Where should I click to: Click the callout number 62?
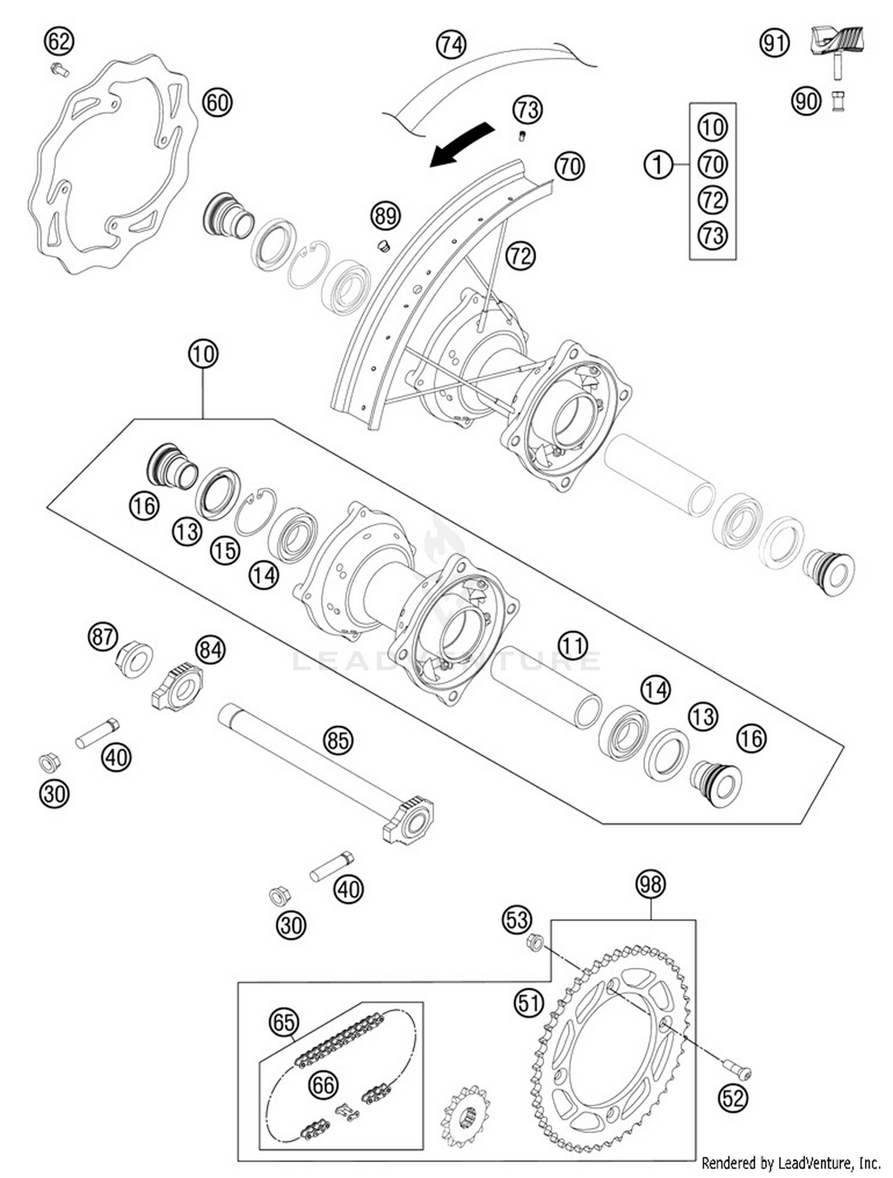coord(59,42)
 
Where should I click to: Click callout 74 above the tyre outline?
coord(451,45)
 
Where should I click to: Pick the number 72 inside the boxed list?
coord(713,199)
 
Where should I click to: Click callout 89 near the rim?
coord(385,215)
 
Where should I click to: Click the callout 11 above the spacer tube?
coord(573,645)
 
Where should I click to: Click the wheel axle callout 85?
coord(338,740)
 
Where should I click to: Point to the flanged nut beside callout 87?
coord(134,658)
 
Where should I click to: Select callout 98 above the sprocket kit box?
coord(650,885)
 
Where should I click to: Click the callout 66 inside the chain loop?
coord(323,1085)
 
